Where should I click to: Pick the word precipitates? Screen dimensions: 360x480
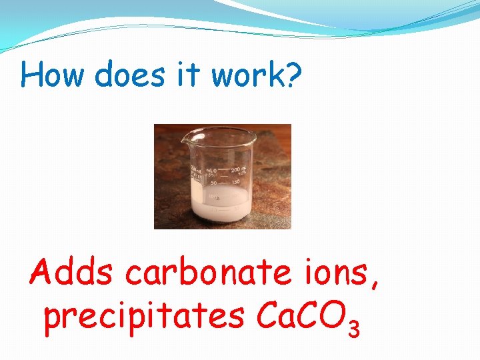point(143,317)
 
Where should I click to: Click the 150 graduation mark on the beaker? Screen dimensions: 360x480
point(236,181)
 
